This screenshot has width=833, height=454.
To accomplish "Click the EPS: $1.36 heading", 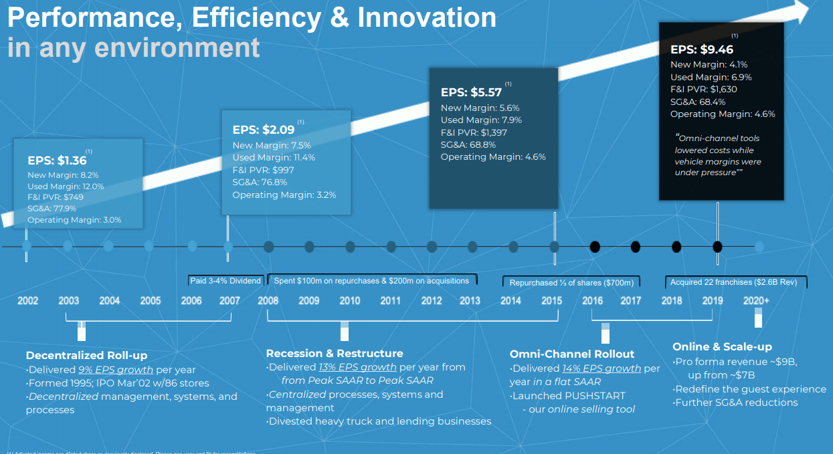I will (x=57, y=160).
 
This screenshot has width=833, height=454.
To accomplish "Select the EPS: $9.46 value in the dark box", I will (x=702, y=49).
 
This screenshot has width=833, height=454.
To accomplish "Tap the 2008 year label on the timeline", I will (x=268, y=301).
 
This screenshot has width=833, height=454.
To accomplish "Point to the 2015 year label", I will (x=551, y=301).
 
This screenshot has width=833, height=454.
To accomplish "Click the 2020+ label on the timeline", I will (x=756, y=301).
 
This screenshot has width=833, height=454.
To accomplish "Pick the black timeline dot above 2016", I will (x=594, y=247).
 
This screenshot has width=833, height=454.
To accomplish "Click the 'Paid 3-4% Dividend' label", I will (x=225, y=281).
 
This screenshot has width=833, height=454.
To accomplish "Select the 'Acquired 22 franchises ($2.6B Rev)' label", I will (x=734, y=282).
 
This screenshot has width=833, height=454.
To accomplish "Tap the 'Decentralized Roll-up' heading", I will (x=86, y=356).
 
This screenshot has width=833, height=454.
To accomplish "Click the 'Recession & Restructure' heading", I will (x=335, y=353).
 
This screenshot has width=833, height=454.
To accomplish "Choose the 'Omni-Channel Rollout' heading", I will (x=572, y=354).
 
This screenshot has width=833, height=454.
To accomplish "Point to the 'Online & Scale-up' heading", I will (x=722, y=346).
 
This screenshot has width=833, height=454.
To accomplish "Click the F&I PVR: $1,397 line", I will (x=474, y=132).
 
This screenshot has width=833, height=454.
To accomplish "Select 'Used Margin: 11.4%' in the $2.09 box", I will (x=274, y=158).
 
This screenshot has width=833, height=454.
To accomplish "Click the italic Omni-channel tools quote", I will (x=718, y=155).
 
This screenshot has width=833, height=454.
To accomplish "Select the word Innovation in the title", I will (x=427, y=18).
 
